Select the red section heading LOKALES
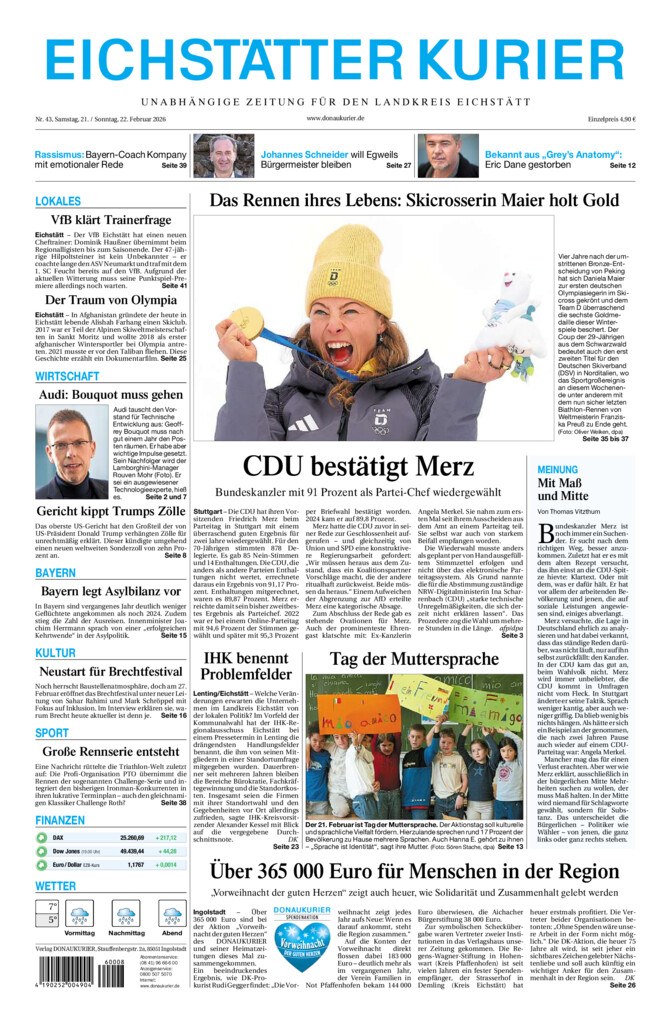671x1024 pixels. pos(58,201)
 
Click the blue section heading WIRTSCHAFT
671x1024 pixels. pos(67,376)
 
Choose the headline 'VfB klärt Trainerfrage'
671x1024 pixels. pos(111,220)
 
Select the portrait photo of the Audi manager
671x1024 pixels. pos(71,453)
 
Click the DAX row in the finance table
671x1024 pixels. pos(111,838)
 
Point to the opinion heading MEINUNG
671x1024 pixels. pos(557,469)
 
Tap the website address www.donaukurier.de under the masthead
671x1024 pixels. pos(335,119)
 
